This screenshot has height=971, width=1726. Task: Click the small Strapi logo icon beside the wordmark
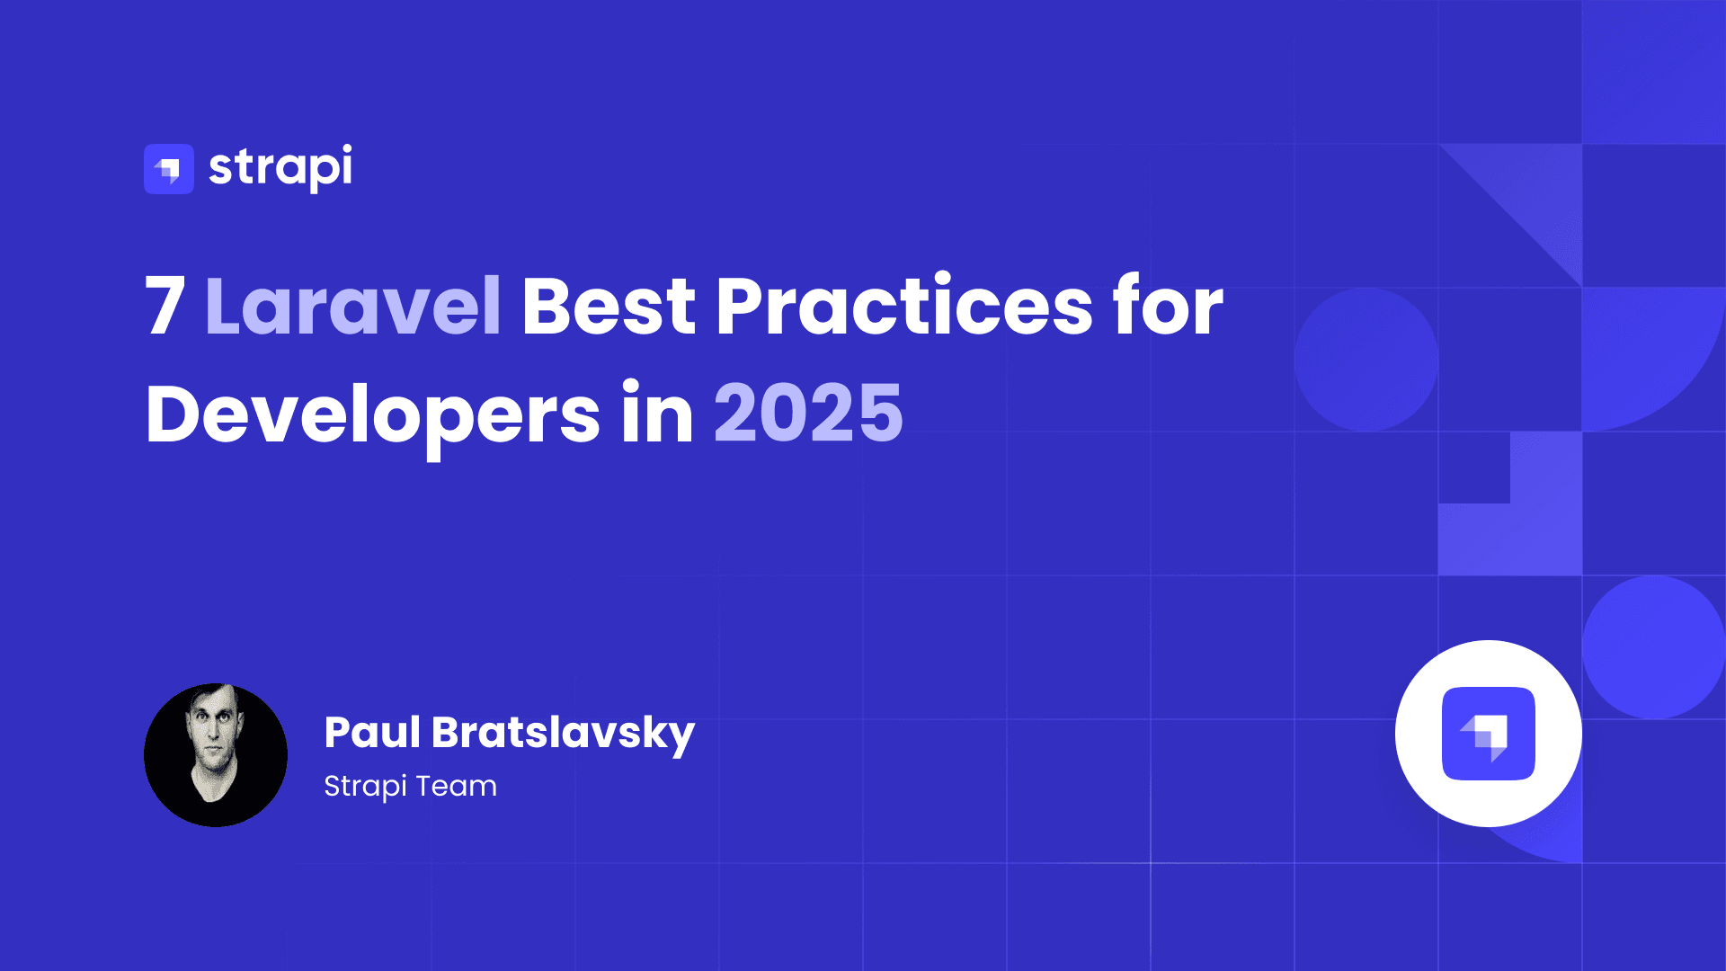168,169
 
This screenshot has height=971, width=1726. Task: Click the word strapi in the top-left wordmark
280,167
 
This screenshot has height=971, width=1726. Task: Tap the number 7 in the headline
165,307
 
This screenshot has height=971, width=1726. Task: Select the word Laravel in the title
353,307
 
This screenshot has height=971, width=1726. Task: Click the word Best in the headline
609,307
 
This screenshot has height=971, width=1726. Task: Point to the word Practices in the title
904,307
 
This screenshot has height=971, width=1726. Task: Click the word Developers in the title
372,414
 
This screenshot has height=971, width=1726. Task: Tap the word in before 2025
657,414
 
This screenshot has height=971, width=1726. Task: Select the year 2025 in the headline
808,414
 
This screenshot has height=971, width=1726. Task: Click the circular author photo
216,755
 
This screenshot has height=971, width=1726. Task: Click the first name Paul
372,732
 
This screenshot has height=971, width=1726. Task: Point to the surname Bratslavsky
563,734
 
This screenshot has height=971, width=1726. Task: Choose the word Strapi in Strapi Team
365,787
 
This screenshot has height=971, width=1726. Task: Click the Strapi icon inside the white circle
1489,734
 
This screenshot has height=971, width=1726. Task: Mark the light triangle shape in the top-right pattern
1537,193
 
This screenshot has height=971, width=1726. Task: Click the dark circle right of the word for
1366,360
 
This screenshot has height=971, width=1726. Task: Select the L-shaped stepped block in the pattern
1519,521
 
